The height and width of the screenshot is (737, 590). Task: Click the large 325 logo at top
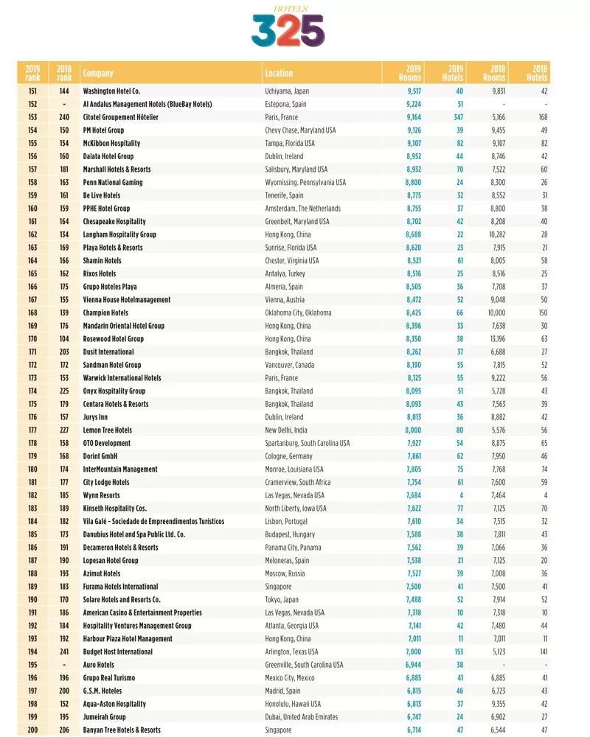click(x=288, y=31)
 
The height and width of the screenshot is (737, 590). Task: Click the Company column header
click(x=98, y=74)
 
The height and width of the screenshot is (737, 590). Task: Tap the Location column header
click(x=279, y=74)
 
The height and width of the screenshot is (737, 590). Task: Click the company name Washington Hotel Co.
click(x=111, y=91)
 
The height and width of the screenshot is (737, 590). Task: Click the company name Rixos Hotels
click(x=100, y=273)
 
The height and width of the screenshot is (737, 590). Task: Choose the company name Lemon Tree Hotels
click(x=108, y=430)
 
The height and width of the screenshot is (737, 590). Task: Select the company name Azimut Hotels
click(x=102, y=573)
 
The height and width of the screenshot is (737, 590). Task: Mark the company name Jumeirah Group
click(x=104, y=717)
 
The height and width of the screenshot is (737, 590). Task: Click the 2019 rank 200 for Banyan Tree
click(x=32, y=730)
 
